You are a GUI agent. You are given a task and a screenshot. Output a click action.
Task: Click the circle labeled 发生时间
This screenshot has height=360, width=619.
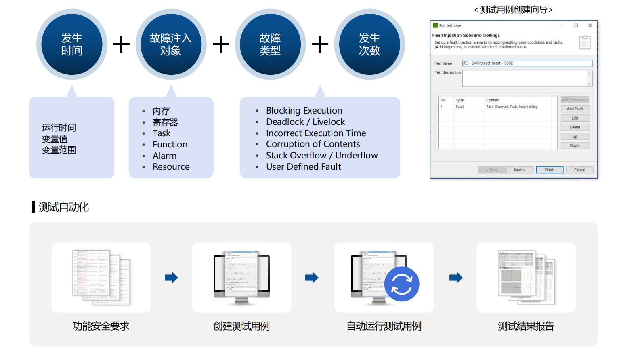72,44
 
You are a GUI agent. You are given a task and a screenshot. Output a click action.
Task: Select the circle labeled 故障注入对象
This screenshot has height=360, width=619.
171,44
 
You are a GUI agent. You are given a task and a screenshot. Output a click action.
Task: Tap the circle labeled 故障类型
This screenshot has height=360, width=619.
270,44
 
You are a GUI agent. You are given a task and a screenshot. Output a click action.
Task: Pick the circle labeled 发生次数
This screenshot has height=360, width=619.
369,44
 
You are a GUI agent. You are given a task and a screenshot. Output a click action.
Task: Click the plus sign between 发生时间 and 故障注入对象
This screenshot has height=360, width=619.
122,44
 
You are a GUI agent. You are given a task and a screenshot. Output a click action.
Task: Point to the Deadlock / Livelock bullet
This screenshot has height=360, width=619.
305,122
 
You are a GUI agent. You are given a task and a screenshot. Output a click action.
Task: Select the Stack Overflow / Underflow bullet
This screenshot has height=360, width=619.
321,156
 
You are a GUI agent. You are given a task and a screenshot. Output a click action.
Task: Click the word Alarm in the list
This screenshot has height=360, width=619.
164,156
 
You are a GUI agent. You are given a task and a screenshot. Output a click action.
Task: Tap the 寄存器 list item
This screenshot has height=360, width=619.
165,122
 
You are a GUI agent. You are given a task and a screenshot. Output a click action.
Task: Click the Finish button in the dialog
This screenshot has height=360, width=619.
549,170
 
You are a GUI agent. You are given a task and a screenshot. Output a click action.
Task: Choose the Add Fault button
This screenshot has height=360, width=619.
575,109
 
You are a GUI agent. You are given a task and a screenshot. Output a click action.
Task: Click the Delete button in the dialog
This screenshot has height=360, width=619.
575,127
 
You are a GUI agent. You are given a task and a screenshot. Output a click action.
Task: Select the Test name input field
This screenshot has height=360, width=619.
527,63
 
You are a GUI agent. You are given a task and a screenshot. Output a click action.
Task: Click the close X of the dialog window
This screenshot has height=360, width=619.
590,25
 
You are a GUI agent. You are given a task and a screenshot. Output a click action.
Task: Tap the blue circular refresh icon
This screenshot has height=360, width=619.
402,284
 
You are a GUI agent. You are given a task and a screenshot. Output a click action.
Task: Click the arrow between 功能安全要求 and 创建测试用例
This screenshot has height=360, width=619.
171,278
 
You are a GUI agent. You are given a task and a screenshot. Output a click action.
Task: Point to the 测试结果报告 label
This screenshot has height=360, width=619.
526,326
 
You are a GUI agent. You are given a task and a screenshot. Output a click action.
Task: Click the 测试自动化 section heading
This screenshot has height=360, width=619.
63,207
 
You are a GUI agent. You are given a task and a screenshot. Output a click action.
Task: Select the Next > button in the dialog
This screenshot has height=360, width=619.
519,170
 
